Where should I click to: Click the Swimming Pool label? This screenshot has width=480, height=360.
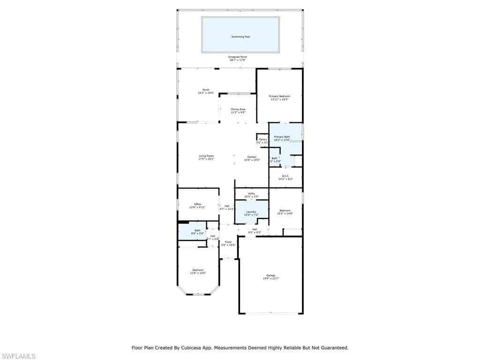(240, 37)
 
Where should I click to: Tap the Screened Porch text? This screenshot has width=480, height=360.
(238, 57)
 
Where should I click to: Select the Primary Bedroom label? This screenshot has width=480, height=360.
(279, 97)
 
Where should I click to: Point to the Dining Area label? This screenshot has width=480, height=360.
(238, 109)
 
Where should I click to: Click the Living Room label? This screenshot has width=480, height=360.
(206, 156)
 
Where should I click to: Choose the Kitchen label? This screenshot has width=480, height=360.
(252, 157)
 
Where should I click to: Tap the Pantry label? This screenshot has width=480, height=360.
(263, 139)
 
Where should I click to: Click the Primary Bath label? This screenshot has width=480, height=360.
(282, 137)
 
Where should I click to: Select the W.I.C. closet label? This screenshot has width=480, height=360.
(285, 176)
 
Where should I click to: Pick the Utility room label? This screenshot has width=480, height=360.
(251, 194)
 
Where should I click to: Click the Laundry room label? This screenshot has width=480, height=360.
(251, 212)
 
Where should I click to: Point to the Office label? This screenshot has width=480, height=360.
(197, 204)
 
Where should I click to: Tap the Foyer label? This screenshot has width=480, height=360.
(228, 242)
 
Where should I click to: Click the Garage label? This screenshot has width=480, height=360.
(271, 275)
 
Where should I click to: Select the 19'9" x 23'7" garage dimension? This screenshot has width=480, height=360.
(271, 278)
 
